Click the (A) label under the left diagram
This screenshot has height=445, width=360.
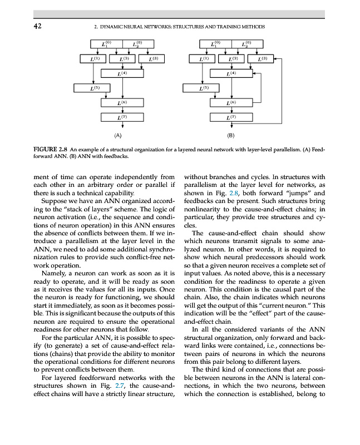click(117, 135)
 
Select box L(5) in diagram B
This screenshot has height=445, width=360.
click(204, 88)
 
